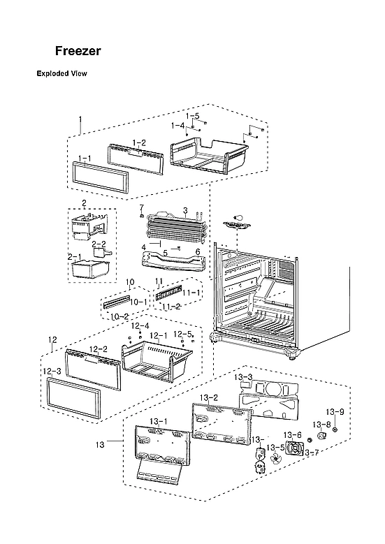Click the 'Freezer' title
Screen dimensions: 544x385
tap(78, 51)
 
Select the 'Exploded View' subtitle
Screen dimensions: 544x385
tap(61, 73)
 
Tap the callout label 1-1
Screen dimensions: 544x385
tap(85, 159)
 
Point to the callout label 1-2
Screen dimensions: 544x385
tap(139, 142)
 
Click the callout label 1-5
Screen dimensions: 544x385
tap(193, 115)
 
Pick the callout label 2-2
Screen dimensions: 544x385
tap(99, 244)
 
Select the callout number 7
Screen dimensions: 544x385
tap(140, 207)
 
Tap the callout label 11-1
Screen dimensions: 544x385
tap(193, 293)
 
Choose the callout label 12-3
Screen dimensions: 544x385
tap(52, 372)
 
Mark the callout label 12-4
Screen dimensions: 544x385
tap(140, 325)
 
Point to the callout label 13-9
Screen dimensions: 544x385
tap(335, 411)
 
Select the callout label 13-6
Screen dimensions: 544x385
tap(292, 435)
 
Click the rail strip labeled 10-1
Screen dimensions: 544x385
tap(117, 302)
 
